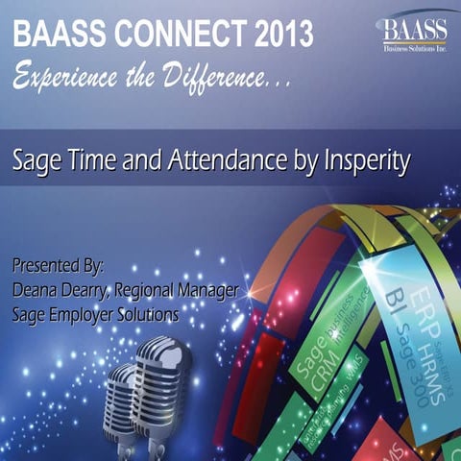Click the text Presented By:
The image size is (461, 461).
click(59, 263)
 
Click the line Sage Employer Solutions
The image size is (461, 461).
click(96, 312)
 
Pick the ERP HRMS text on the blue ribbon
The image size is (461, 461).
click(404, 298)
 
